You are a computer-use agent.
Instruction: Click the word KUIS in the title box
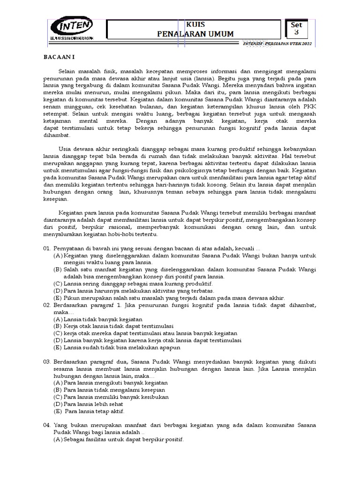coord(195,24)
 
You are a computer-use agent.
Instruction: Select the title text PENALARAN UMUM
coord(195,33)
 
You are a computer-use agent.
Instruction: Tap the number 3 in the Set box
coord(296,32)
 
